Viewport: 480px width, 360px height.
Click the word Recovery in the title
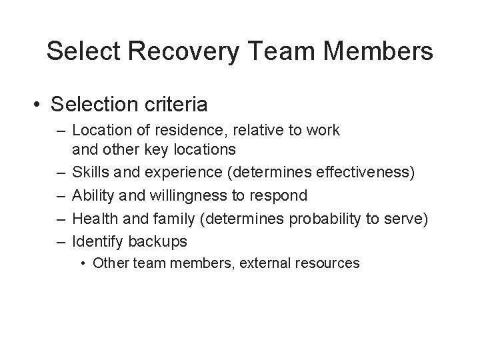194,51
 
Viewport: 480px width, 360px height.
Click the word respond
279,195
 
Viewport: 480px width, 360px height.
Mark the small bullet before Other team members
85,263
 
